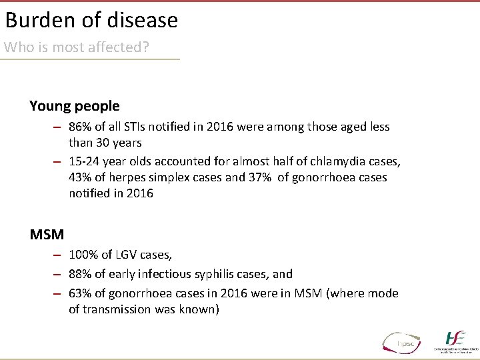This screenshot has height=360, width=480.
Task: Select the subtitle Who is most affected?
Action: pos(76,48)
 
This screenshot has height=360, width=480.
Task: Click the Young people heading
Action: pos(75,106)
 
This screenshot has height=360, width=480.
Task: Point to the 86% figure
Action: pos(81,127)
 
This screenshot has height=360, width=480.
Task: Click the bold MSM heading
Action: pos(47,235)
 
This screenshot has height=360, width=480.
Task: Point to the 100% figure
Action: pos(83,255)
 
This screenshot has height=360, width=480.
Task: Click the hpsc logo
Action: pos(402,341)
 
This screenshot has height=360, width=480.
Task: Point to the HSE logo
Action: pos(456,340)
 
